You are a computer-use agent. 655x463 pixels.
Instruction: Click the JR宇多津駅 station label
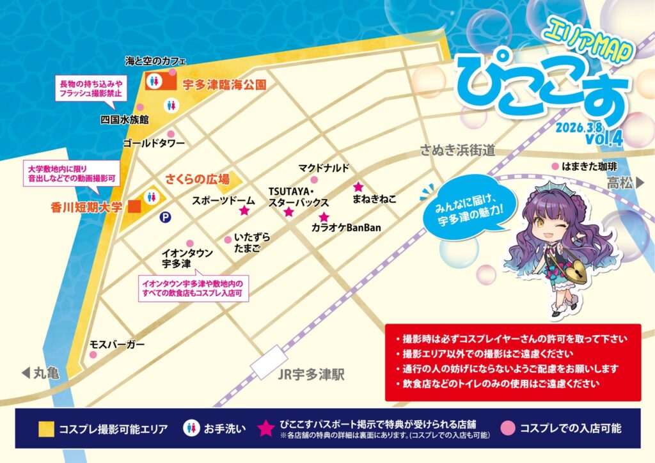(x=312, y=375)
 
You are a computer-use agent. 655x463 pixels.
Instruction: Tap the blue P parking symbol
(x=165, y=217)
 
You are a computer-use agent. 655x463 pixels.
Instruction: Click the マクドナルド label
(x=324, y=168)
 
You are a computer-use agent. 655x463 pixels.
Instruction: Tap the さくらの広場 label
(x=198, y=179)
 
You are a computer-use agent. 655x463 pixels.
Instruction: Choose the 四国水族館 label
(x=125, y=120)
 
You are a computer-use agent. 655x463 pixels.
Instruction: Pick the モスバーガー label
(x=117, y=345)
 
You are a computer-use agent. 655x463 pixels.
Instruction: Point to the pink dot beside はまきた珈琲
(x=555, y=166)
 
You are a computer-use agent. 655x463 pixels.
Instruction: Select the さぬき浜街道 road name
(x=457, y=150)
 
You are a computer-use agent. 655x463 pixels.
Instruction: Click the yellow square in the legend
(x=45, y=428)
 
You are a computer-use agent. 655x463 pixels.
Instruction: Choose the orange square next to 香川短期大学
(x=134, y=207)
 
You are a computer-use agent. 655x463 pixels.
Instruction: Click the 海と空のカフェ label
(x=156, y=61)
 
